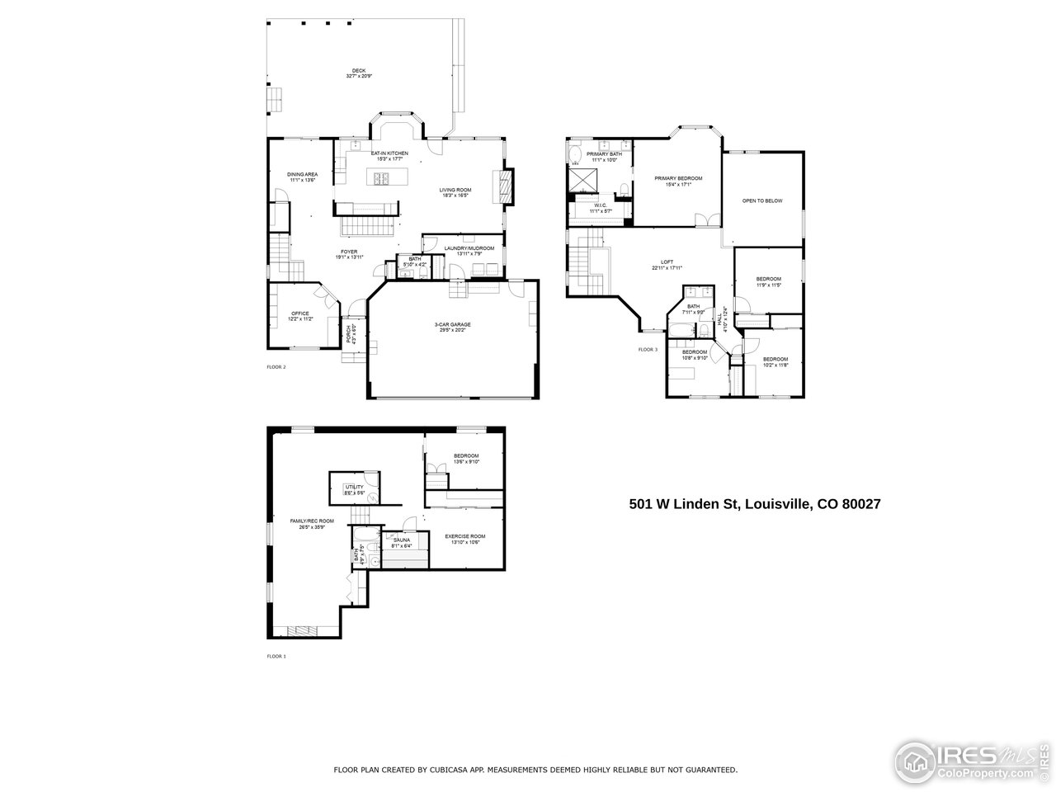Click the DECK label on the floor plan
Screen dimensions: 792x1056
pyautogui.click(x=359, y=71)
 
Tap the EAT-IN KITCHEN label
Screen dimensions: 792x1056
pyautogui.click(x=389, y=154)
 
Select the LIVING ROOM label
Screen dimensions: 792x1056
pyautogui.click(x=454, y=190)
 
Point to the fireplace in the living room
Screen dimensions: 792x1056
pyautogui.click(x=504, y=186)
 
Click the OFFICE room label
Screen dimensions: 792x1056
pyautogui.click(x=299, y=313)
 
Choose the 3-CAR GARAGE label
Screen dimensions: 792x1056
pyautogui.click(x=452, y=325)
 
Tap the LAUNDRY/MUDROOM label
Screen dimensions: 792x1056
pyautogui.click(x=469, y=248)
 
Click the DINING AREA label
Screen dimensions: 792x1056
pyautogui.click(x=302, y=175)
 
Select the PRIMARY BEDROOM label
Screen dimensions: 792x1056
pyautogui.click(x=678, y=179)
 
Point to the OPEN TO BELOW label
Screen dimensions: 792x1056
pyautogui.click(x=761, y=201)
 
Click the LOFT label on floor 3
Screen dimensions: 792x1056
pyautogui.click(x=667, y=262)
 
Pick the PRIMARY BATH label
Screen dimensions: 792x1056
pyautogui.click(x=605, y=154)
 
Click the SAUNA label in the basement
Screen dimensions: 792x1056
pyautogui.click(x=402, y=540)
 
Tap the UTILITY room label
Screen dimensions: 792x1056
pyautogui.click(x=354, y=488)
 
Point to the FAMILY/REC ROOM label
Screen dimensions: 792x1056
pyautogui.click(x=312, y=521)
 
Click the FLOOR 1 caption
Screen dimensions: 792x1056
pyautogui.click(x=276, y=657)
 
